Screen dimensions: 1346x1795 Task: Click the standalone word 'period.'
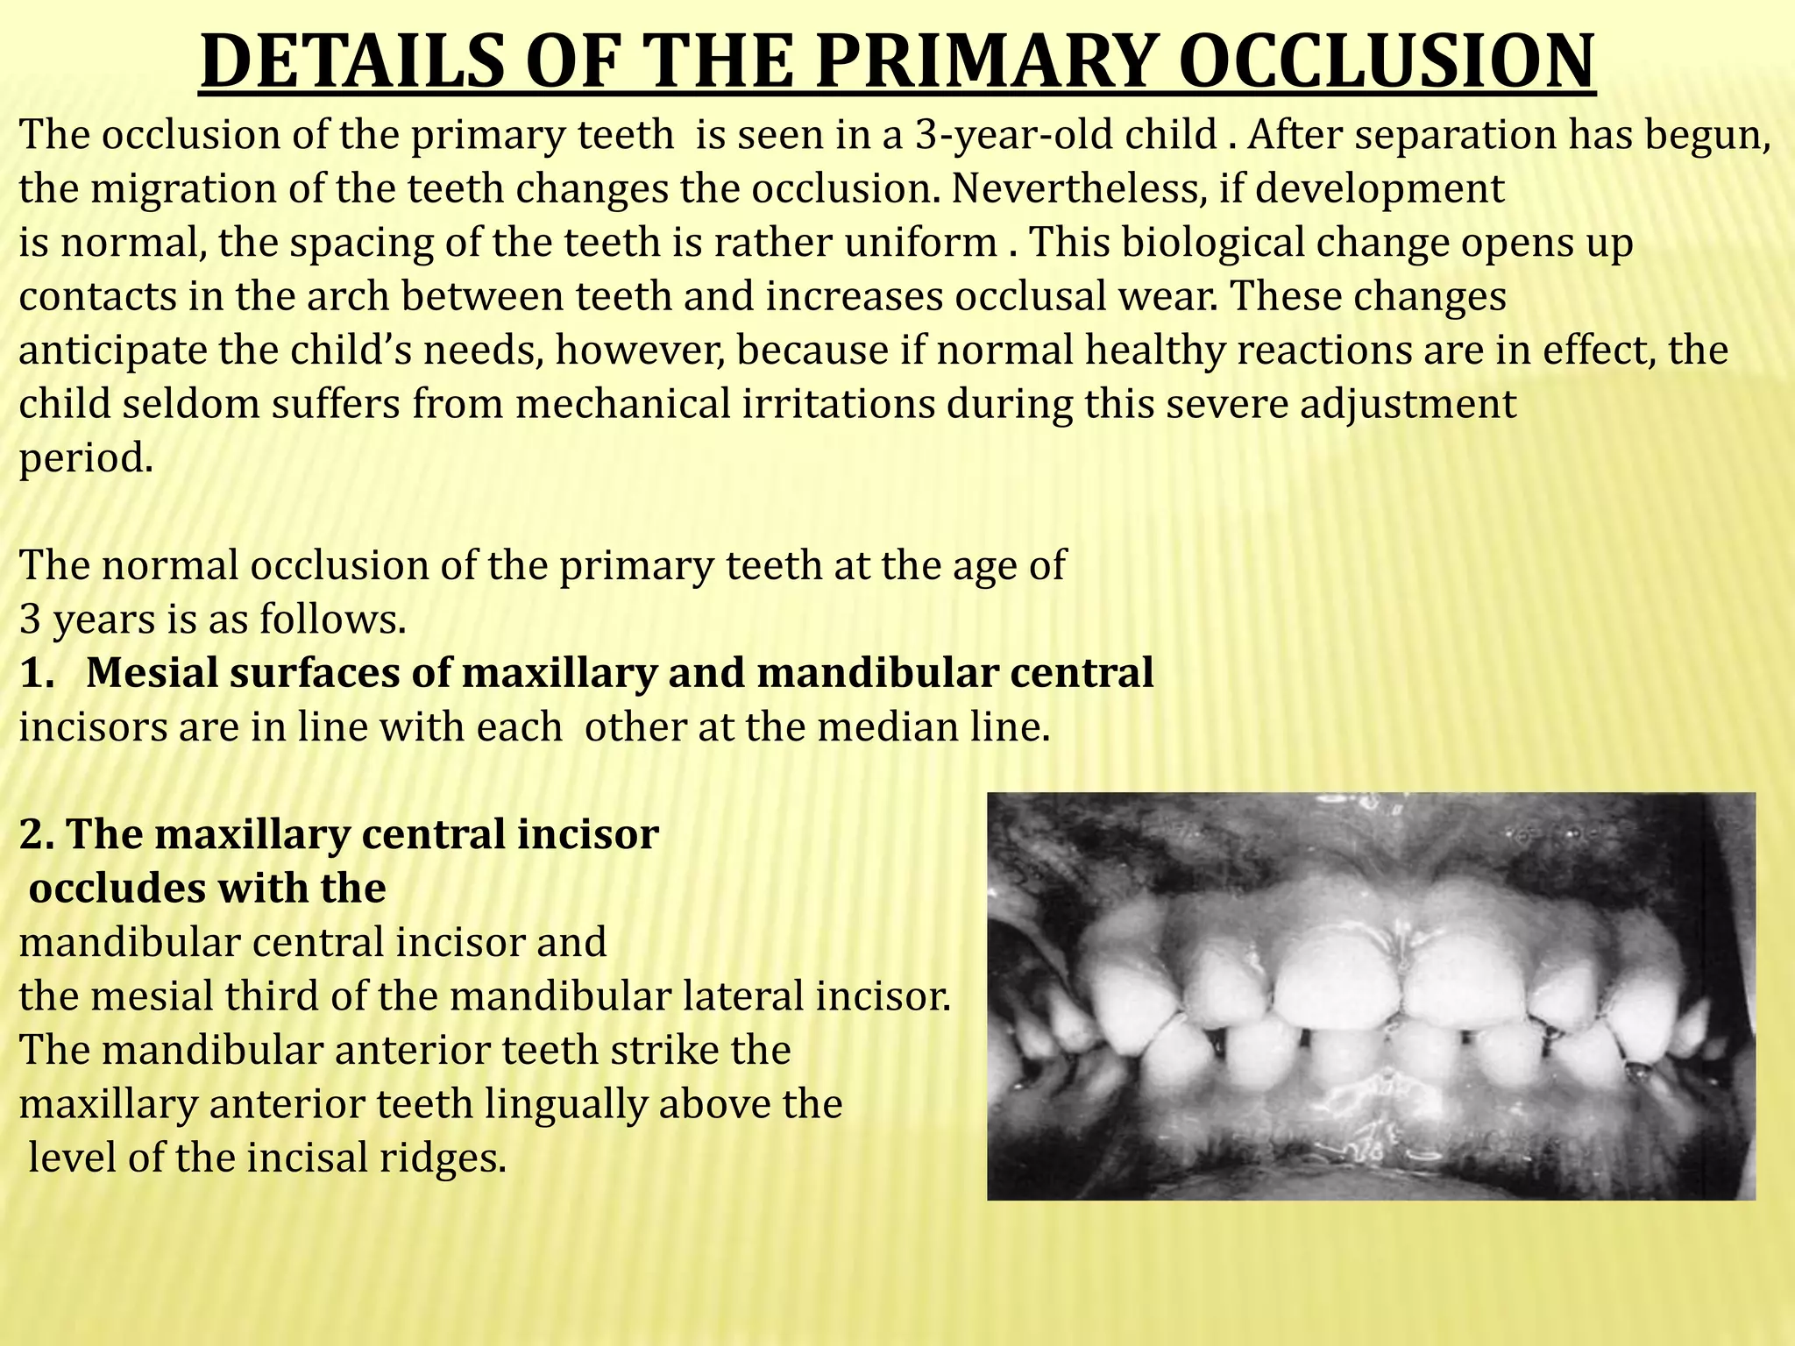tap(86, 458)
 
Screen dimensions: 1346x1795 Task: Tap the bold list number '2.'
tap(38, 834)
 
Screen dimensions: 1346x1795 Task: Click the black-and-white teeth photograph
tap(1371, 996)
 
